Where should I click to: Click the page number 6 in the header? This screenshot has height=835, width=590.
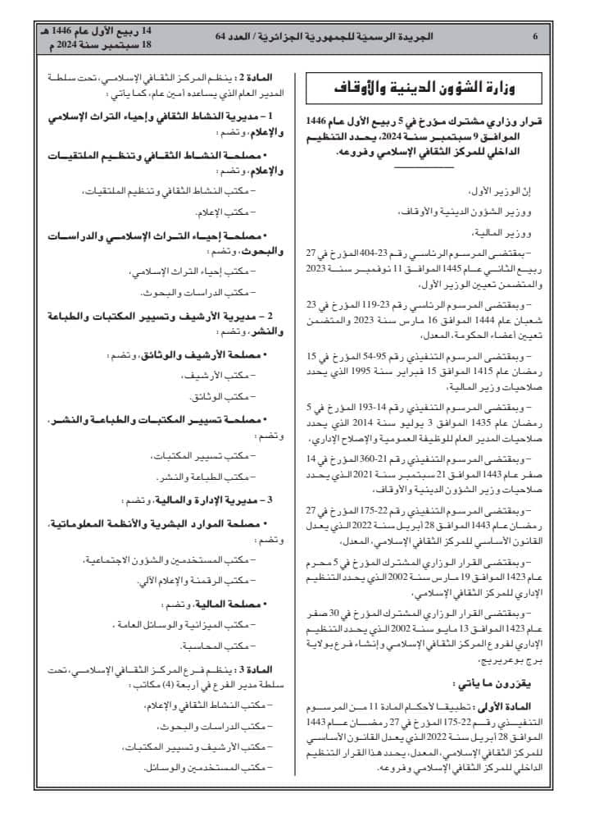534,37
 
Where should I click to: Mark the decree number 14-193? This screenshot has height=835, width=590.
422,407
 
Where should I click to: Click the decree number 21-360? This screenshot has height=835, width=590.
418,458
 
